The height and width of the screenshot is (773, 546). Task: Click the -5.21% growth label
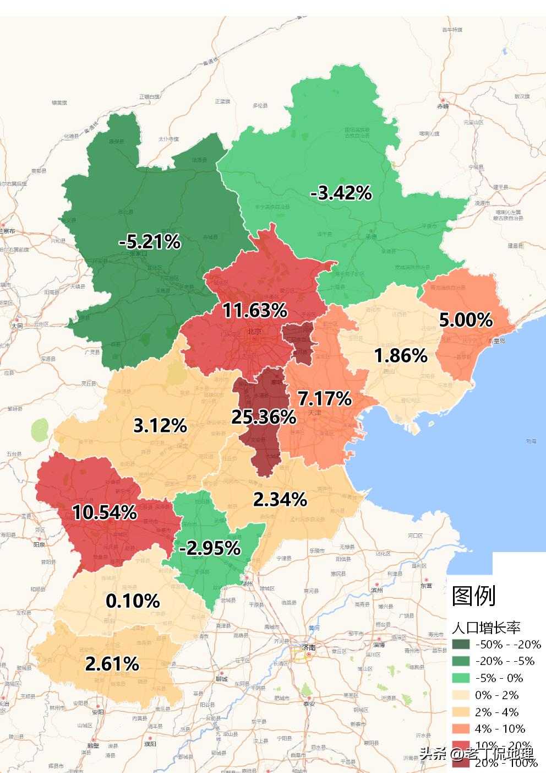point(150,241)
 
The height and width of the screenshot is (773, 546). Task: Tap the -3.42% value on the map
point(341,193)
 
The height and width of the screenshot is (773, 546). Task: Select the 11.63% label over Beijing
point(255,310)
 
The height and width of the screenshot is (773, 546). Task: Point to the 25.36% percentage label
point(263,417)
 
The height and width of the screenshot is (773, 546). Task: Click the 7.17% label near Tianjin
point(324,398)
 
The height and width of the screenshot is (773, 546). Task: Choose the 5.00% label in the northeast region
point(465,320)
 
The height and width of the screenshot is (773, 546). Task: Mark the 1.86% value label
point(401,356)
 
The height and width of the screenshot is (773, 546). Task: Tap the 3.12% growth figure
point(160,425)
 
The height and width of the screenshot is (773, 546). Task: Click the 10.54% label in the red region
point(105,512)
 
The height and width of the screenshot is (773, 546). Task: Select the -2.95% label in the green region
point(210,548)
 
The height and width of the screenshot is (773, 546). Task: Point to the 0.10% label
point(133,601)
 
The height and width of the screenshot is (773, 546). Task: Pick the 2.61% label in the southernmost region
point(112,664)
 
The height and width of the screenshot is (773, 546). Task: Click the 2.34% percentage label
point(280,499)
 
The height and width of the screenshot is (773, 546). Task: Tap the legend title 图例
point(474,596)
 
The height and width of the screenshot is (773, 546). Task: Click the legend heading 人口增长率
point(486,627)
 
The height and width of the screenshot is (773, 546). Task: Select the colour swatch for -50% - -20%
point(461,645)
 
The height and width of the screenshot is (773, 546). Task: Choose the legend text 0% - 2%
point(497,695)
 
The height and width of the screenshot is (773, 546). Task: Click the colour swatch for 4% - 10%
point(461,729)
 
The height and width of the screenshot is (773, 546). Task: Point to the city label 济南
point(309,647)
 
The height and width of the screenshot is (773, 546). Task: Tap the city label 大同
point(17,326)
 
